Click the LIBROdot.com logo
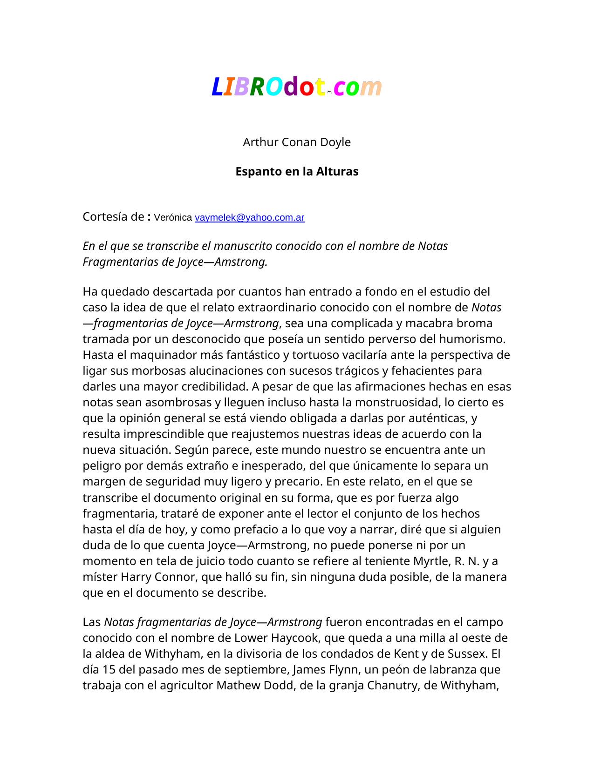(x=297, y=87)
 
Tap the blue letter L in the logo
(x=217, y=87)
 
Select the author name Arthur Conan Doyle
(x=297, y=142)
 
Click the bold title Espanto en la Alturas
(x=297, y=171)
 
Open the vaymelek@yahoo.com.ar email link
(x=249, y=217)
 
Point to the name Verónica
(x=173, y=217)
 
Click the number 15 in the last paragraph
(x=109, y=669)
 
